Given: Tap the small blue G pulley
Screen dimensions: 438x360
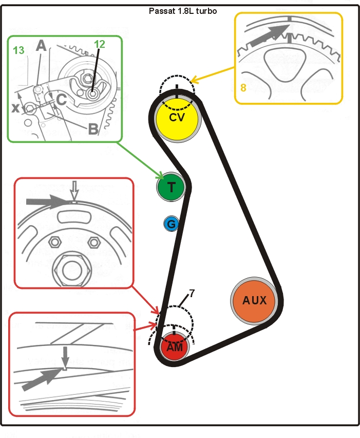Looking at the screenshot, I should tap(172, 224).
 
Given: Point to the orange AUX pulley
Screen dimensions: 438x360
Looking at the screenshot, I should tap(255, 300).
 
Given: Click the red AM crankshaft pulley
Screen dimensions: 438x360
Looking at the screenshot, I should tap(175, 348).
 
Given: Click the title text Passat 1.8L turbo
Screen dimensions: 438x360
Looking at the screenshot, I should tap(182, 10).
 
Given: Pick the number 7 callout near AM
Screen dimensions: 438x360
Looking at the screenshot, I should tap(192, 294).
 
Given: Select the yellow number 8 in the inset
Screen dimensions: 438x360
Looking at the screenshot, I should tap(243, 88).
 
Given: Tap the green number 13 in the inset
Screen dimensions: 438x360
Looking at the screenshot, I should tap(18, 50).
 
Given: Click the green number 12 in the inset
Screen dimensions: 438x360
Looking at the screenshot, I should tap(100, 44).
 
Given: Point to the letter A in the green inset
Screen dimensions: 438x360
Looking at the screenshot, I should tap(41, 46).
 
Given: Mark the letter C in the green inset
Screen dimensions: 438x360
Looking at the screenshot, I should tap(60, 100).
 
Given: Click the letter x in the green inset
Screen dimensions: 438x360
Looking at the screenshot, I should tap(16, 108).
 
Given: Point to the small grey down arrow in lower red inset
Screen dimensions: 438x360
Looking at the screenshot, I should tap(65, 356).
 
